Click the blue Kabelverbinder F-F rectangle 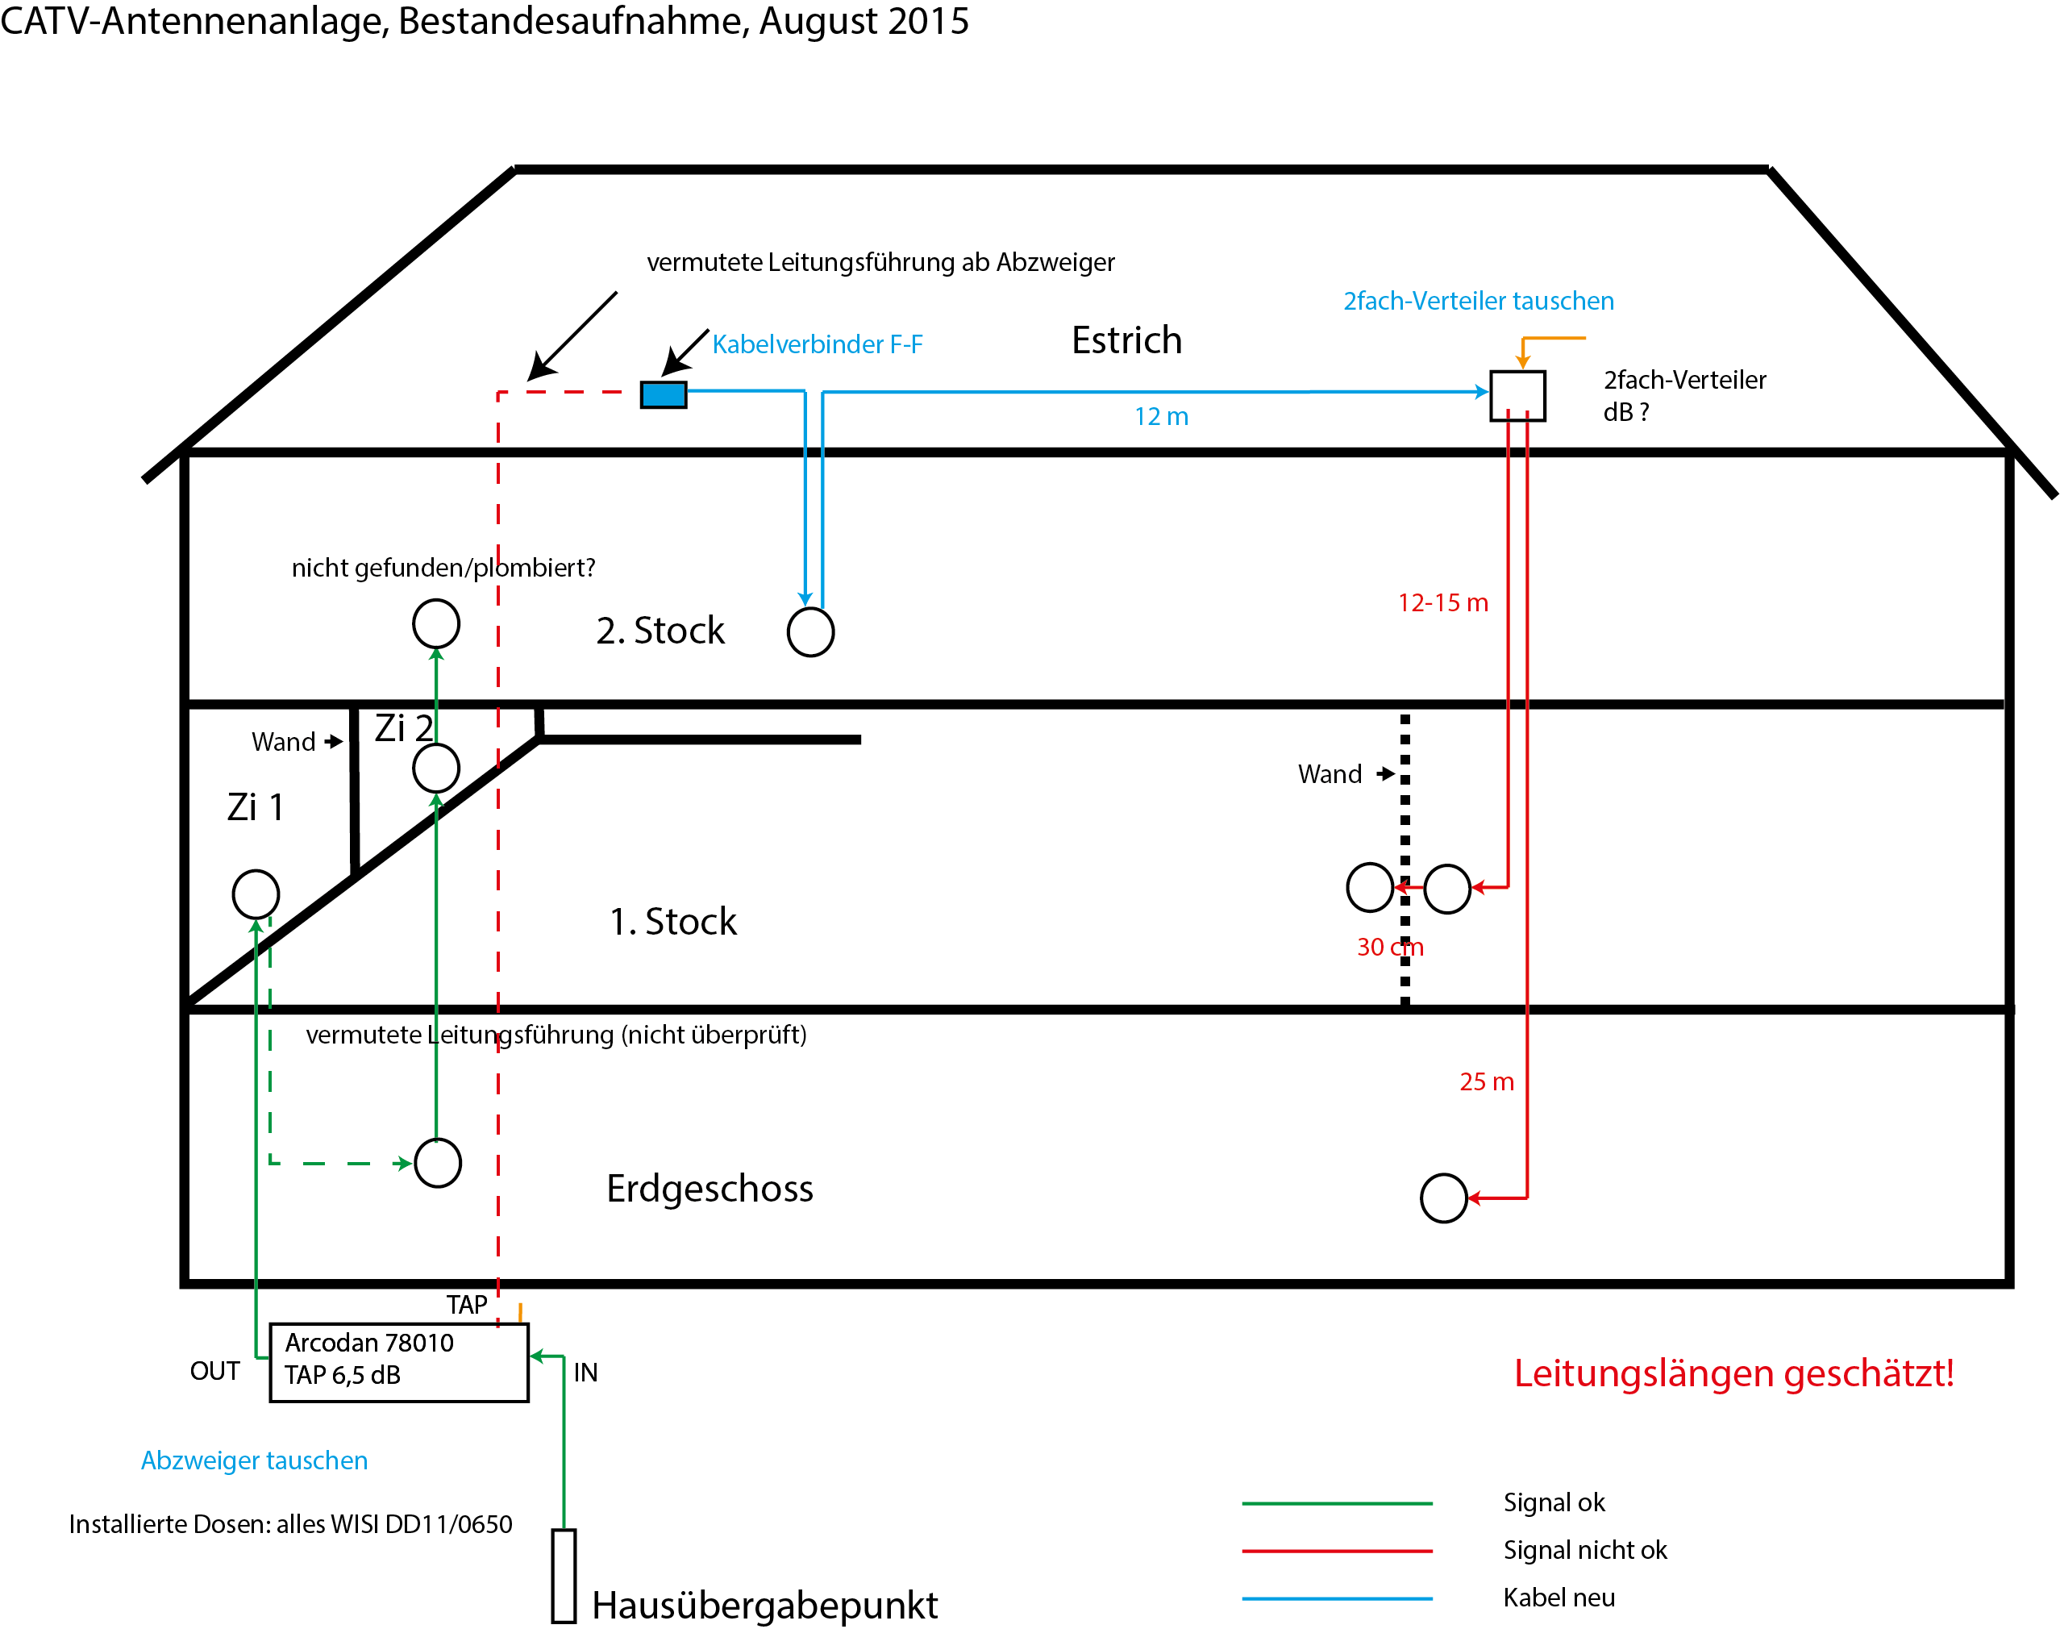(663, 394)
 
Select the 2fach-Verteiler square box (1517, 396)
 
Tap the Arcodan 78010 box (398, 1362)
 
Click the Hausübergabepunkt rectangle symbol (564, 1576)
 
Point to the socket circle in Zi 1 (256, 894)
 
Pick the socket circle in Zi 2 (436, 768)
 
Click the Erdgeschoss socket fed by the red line (1443, 1198)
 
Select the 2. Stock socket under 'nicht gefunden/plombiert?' (436, 623)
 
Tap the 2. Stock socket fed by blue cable (810, 631)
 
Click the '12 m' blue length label (1161, 417)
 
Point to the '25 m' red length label (1486, 1081)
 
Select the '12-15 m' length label (1442, 602)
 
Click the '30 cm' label (1389, 947)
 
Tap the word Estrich (1126, 340)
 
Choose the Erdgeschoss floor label (710, 1189)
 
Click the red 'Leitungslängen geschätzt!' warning (1733, 1373)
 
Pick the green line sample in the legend (1336, 1503)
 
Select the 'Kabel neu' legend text (1559, 1598)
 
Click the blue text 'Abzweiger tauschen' (254, 1460)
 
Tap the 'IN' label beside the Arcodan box (585, 1373)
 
